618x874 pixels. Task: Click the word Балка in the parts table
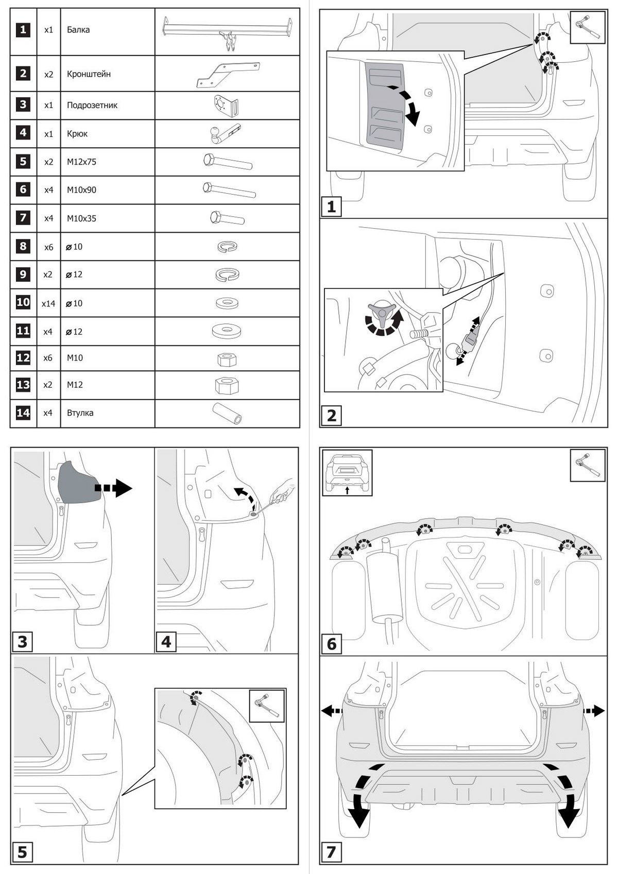click(x=78, y=30)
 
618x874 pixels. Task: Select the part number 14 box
click(x=23, y=413)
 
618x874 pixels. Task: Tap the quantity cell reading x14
click(x=48, y=303)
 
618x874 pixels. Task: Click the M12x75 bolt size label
click(x=81, y=162)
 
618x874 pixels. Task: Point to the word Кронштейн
click(x=89, y=74)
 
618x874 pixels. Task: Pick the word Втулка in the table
click(x=80, y=413)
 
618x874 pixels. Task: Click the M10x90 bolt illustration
click(x=229, y=190)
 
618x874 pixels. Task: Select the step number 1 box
click(x=331, y=207)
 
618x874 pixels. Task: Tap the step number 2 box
click(x=331, y=415)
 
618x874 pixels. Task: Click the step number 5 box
click(x=22, y=852)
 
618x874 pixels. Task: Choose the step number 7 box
click(x=331, y=852)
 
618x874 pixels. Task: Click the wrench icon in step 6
click(x=587, y=465)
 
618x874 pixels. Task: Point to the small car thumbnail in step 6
click(x=347, y=472)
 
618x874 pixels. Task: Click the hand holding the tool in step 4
click(x=281, y=491)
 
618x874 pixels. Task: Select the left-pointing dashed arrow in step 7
click(x=332, y=711)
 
